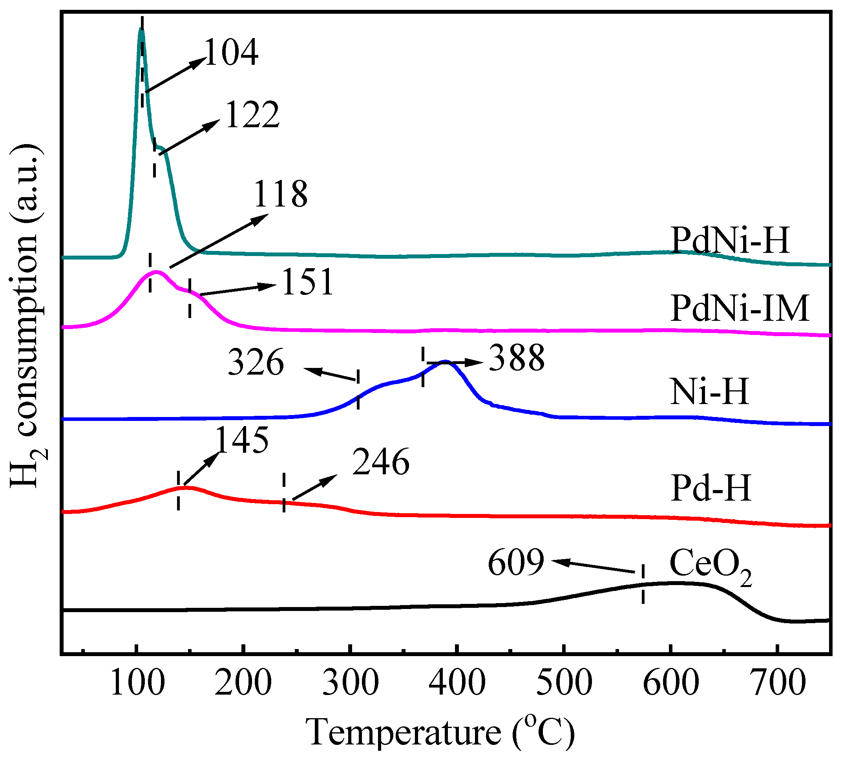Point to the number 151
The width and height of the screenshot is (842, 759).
(308, 283)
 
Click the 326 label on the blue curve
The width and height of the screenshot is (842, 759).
(256, 363)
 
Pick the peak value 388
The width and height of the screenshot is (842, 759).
(517, 358)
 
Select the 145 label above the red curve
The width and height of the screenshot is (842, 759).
(242, 441)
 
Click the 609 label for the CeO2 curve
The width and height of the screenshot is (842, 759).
(516, 563)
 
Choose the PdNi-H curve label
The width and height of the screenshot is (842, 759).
(730, 241)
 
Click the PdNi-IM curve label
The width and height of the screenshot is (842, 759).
(740, 309)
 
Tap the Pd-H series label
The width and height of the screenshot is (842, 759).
(711, 488)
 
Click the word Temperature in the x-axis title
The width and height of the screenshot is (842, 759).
(404, 733)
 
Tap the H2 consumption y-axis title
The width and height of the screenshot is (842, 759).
(26, 317)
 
